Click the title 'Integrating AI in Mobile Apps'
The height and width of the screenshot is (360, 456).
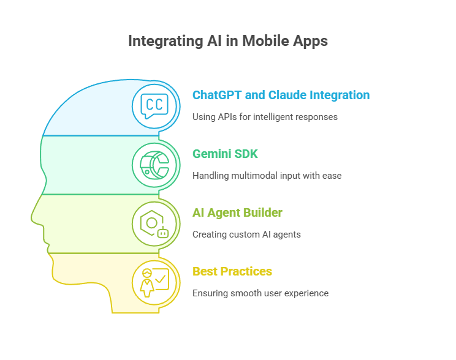[x=228, y=41]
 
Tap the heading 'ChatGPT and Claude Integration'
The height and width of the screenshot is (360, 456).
[x=281, y=95]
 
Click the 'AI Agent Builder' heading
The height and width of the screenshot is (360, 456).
[x=237, y=212]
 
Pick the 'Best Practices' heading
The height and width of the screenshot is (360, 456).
[x=232, y=271]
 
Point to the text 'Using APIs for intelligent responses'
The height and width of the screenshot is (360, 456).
[x=265, y=116]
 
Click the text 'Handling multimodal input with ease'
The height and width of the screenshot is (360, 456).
[x=267, y=175]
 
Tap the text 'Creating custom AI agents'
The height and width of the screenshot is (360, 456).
[x=246, y=234]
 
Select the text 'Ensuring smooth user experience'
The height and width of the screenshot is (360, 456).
[x=260, y=293]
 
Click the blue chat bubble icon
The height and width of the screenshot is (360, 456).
[x=156, y=106]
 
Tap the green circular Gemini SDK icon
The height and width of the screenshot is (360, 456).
[x=156, y=165]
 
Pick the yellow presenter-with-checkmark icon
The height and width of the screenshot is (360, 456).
[x=156, y=282]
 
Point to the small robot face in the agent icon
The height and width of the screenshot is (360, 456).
[x=163, y=233]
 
